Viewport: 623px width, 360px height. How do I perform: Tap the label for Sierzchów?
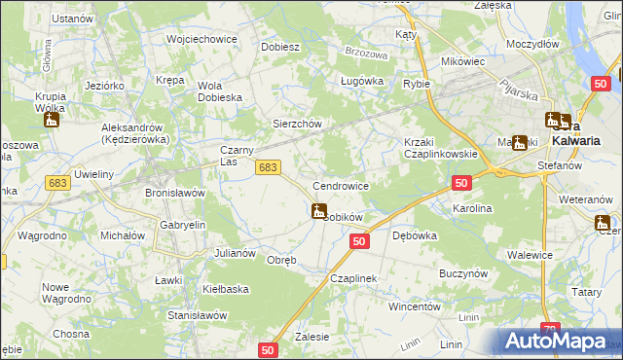click(296, 125)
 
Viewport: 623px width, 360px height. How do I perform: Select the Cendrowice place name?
click(340, 185)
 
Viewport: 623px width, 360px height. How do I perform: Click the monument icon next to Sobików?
click(318, 210)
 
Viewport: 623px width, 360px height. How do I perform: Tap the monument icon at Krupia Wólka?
click(52, 119)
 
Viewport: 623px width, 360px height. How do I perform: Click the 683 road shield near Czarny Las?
click(269, 168)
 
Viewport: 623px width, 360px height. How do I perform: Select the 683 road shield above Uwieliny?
click(56, 183)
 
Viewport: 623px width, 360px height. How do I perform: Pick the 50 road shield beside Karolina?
click(461, 183)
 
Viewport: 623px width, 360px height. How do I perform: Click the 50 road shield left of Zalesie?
click(270, 348)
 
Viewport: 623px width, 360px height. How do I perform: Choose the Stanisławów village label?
click(198, 315)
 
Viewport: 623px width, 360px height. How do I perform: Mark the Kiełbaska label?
click(226, 289)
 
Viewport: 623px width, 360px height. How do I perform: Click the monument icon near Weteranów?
click(605, 224)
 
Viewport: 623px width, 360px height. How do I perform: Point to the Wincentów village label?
click(416, 306)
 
